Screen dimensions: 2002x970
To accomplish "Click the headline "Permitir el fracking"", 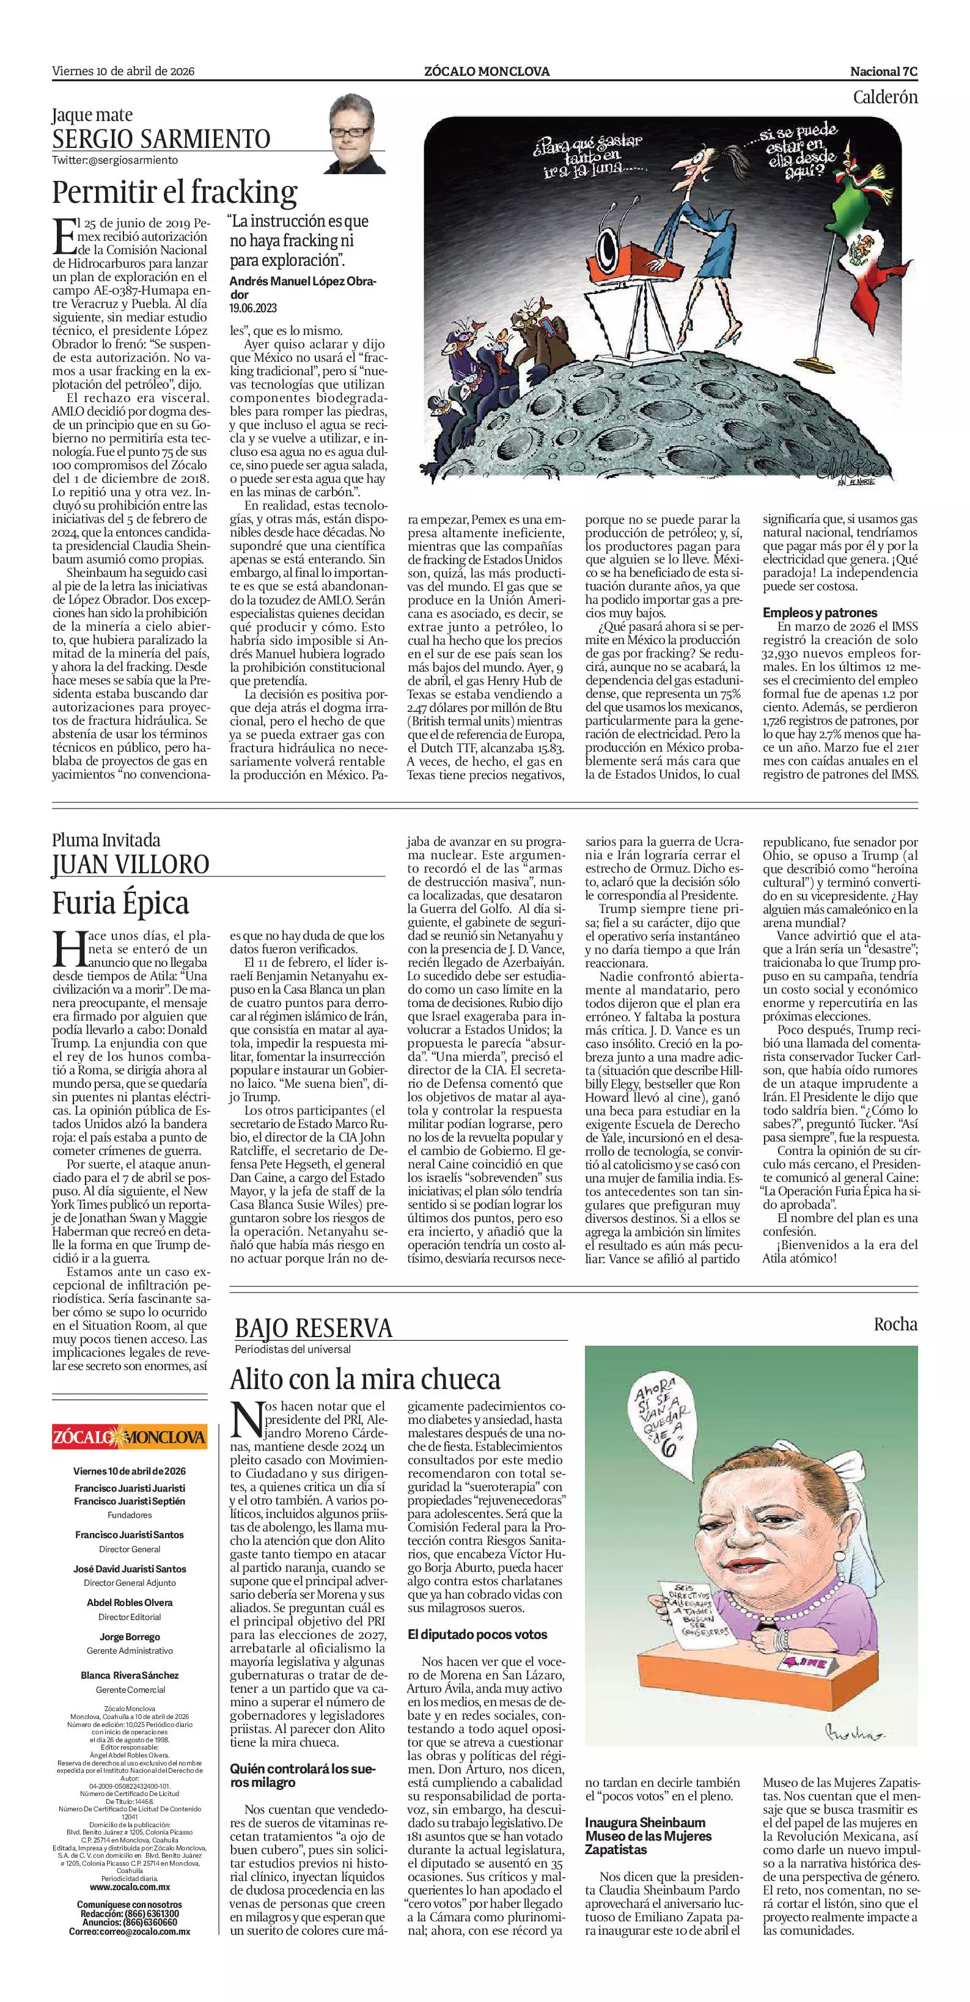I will coord(174,191).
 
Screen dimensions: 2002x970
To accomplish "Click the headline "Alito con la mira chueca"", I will coord(364,1379).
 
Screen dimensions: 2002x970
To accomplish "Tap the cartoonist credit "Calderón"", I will coord(884,97).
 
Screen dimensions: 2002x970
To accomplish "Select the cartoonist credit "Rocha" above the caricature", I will coord(895,1324).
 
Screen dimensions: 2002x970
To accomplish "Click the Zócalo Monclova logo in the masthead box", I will coord(130,1436).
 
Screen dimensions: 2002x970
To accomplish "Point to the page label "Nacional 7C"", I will coord(884,71).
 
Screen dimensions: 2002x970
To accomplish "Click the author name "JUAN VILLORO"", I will coord(131,864).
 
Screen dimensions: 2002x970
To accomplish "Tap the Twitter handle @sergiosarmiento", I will coord(115,160).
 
